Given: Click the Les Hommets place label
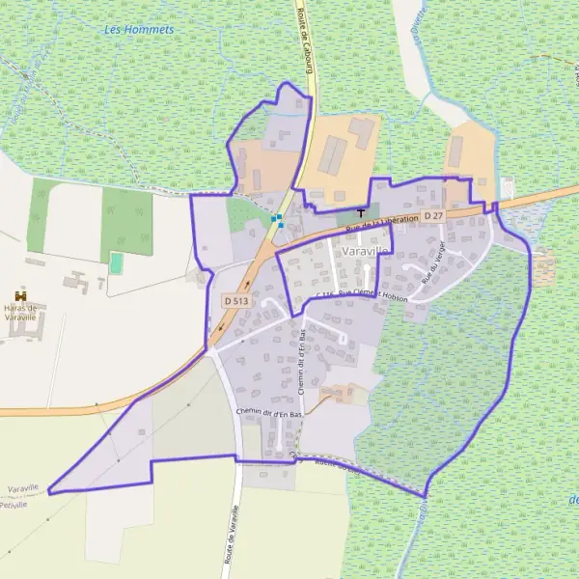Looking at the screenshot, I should tap(139, 30).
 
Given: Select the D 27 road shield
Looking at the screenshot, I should tap(432, 216).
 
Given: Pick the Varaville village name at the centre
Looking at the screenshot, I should tap(365, 250).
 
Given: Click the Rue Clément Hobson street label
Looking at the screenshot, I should tap(372, 293).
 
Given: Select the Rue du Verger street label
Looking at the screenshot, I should tap(433, 261).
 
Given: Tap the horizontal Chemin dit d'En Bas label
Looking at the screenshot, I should tap(269, 413).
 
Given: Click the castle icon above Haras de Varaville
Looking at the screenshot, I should tap(19, 294).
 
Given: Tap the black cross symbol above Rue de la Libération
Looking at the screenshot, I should tap(362, 212).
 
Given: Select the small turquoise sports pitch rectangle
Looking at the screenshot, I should tap(117, 262).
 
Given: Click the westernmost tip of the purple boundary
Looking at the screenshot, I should tap(48, 491).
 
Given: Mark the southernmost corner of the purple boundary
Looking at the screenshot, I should tap(425, 498).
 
